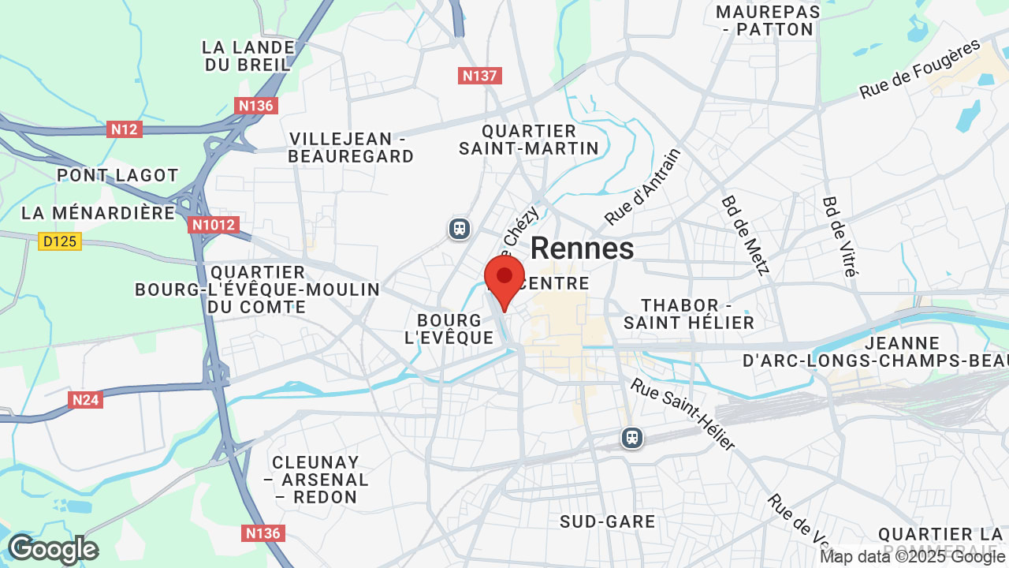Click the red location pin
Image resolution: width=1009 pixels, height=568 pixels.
[x=504, y=278]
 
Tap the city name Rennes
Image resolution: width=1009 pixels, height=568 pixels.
[x=582, y=248]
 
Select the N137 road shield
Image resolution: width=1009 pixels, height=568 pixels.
[x=480, y=76]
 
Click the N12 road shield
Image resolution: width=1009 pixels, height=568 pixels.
[x=125, y=129]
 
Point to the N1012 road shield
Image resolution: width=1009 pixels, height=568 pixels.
[x=213, y=225]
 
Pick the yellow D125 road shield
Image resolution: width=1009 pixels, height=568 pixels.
[x=60, y=241]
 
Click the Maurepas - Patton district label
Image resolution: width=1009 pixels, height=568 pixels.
[x=768, y=21]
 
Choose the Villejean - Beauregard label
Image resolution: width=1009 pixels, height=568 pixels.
[x=351, y=148]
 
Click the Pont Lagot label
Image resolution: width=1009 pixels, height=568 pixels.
[x=117, y=175]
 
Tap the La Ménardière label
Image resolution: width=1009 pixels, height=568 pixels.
[x=99, y=213]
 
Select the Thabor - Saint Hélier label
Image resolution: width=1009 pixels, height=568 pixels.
[x=689, y=314]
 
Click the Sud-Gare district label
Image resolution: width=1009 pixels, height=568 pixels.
[x=607, y=521]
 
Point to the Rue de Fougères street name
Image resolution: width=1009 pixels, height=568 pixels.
[x=919, y=70]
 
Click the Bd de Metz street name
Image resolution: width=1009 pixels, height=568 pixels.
[x=745, y=235]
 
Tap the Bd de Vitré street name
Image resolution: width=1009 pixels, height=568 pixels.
[x=840, y=237]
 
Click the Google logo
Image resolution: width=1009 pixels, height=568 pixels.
[x=53, y=549]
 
